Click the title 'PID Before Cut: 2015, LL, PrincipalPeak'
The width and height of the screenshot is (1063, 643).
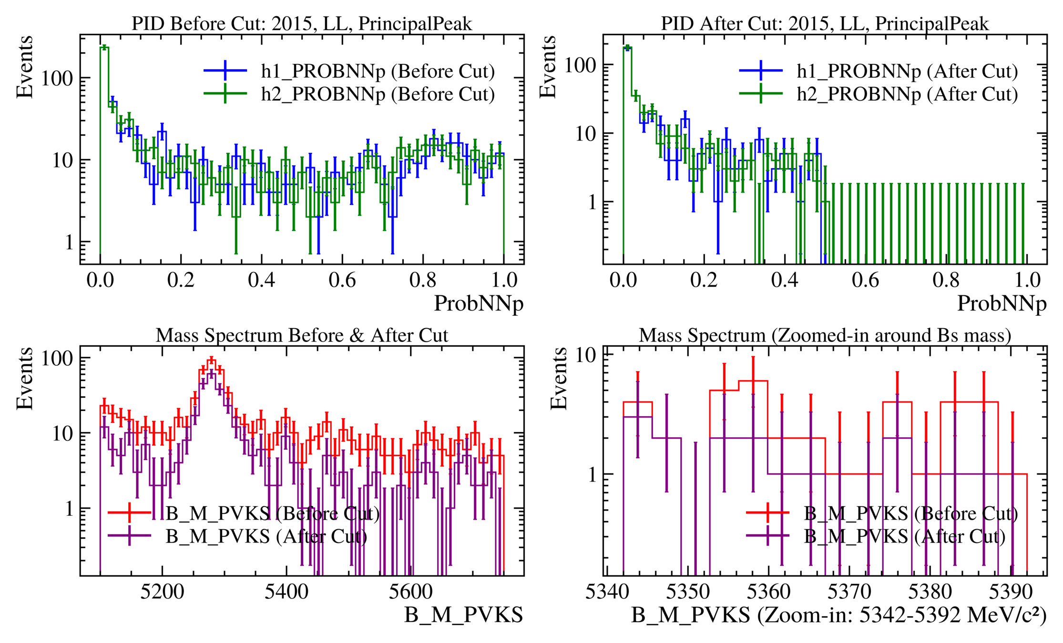click(x=302, y=23)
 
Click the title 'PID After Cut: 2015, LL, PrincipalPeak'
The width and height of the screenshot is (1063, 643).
click(x=825, y=23)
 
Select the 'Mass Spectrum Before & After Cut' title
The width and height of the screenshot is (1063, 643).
click(x=302, y=335)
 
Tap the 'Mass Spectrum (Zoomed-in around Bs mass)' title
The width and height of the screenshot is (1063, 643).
click(x=825, y=335)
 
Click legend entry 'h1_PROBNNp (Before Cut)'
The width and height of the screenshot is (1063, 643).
click(x=378, y=71)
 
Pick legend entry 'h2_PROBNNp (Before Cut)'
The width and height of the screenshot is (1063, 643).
click(x=378, y=94)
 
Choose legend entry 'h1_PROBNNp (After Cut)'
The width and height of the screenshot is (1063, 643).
click(x=907, y=71)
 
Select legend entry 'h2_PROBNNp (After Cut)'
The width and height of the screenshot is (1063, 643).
click(x=907, y=94)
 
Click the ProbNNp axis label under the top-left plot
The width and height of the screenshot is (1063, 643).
click(x=479, y=303)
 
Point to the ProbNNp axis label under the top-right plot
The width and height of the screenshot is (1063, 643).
click(x=1002, y=303)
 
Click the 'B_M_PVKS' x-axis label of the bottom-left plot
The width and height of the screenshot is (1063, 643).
click(x=463, y=615)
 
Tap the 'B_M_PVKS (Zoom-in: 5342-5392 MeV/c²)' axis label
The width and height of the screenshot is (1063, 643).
click(x=839, y=615)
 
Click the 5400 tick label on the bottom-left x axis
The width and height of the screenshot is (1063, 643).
click(x=286, y=592)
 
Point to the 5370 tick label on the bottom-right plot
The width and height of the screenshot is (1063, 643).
click(x=849, y=592)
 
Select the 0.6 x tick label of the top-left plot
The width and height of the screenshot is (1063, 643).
click(x=342, y=280)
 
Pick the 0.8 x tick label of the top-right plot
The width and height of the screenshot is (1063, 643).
click(x=946, y=280)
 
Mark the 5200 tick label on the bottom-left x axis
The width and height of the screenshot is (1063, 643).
click(x=162, y=592)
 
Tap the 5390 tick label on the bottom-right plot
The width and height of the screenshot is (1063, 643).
click(x=1011, y=592)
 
